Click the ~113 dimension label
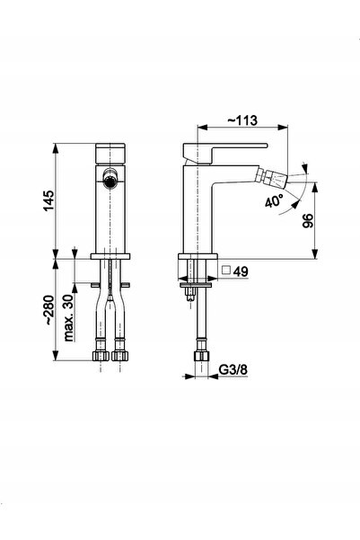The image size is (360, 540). tap(242, 120)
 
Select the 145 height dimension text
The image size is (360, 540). tap(48, 200)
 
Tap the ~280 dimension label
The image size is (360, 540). tap(48, 310)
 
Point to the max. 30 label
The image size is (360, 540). tap(69, 318)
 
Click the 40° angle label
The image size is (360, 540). tap(275, 200)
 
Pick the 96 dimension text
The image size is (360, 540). tap(308, 220)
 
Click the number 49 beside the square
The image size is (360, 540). tap(241, 271)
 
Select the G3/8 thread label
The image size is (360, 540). tap(233, 369)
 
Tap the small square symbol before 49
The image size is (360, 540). tap(226, 270)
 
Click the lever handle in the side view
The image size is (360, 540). tap(225, 152)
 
